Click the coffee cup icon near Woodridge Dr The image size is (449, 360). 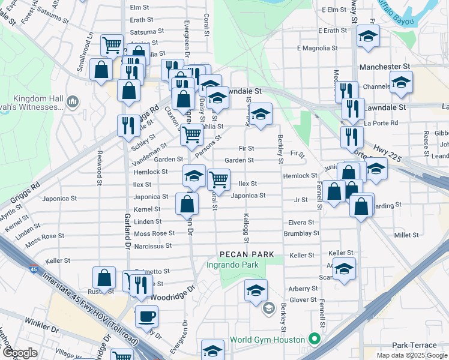(146, 316)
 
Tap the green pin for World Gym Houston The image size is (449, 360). (313, 340)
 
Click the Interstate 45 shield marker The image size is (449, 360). (33, 269)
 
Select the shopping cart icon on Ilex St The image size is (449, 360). (218, 179)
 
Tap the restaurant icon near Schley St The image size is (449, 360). (127, 125)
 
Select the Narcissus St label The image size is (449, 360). (152, 245)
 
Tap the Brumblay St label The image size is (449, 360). (301, 233)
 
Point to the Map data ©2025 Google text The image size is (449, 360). (412, 355)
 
